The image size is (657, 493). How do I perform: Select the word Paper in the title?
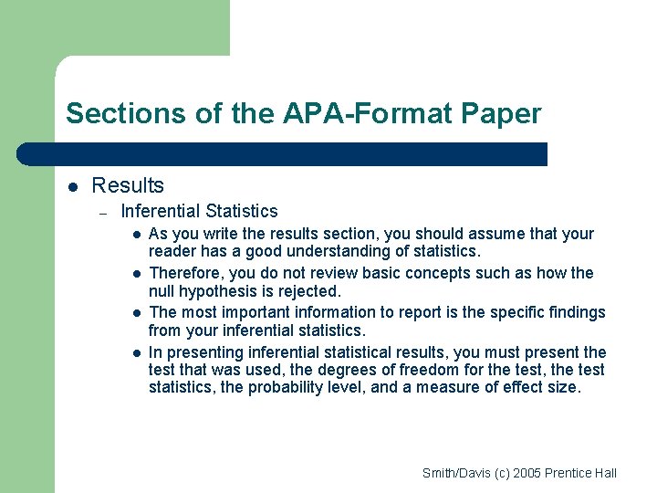click(x=502, y=114)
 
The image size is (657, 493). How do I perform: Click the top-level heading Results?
click(x=128, y=185)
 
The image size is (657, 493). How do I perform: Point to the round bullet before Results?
click(x=74, y=187)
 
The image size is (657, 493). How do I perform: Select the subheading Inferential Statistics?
click(x=199, y=212)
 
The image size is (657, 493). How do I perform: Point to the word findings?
click(x=576, y=312)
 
